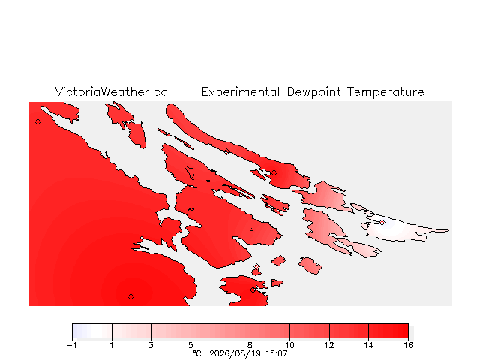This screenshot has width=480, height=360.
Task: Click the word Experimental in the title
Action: pyautogui.click(x=241, y=92)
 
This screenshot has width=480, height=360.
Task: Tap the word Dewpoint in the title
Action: pyautogui.click(x=313, y=92)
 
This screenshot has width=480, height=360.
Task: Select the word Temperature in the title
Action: pyautogui.click(x=385, y=91)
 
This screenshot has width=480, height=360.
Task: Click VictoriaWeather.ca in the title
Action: pyautogui.click(x=112, y=91)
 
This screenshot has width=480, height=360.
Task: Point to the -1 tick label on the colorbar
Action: pyautogui.click(x=72, y=345)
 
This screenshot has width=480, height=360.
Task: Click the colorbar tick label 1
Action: pyautogui.click(x=112, y=345)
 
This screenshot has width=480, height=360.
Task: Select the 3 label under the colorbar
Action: pyautogui.click(x=151, y=345)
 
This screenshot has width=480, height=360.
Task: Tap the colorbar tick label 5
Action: pyautogui.click(x=190, y=345)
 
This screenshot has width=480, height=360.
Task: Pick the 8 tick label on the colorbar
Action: pyautogui.click(x=250, y=345)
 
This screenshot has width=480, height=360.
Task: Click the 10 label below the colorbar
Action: pyautogui.click(x=289, y=345)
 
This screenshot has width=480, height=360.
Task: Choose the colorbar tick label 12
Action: pyautogui.click(x=329, y=345)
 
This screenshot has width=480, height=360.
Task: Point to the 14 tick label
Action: pyautogui.click(x=368, y=345)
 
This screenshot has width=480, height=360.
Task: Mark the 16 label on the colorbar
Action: pyautogui.click(x=408, y=345)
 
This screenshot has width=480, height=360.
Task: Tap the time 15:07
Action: pyautogui.click(x=277, y=353)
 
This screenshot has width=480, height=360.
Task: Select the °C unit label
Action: pyautogui.click(x=197, y=353)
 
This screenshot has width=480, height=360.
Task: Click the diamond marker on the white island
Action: pyautogui.click(x=382, y=222)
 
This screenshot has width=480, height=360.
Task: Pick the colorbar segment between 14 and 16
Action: pyautogui.click(x=388, y=331)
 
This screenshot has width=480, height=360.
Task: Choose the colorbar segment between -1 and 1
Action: pyautogui.click(x=92, y=331)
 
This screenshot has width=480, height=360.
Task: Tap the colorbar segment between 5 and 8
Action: pyautogui.click(x=220, y=331)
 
